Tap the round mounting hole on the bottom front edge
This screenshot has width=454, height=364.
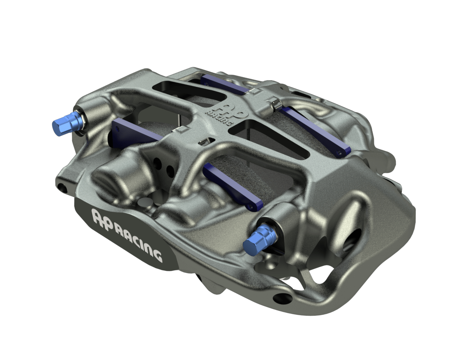[x=279, y=297]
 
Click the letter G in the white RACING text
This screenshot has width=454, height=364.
[x=158, y=255]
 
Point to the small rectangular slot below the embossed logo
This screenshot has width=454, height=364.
[x=204, y=141]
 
